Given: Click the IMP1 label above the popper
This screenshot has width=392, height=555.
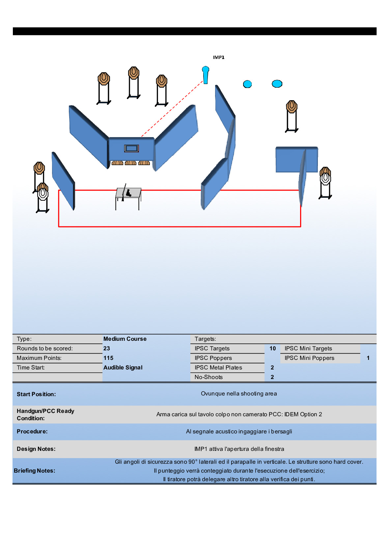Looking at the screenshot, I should click(x=218, y=57).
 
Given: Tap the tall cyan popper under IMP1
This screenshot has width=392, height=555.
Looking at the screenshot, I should click(x=206, y=75).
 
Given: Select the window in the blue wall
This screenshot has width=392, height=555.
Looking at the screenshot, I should click(x=131, y=148).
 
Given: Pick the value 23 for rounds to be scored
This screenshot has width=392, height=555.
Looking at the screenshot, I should click(x=107, y=348).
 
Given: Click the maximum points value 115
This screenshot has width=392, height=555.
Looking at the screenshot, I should click(x=108, y=358).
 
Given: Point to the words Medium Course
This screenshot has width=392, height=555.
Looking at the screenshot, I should click(x=125, y=339).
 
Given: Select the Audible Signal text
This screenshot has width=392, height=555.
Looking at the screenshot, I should click(x=123, y=367).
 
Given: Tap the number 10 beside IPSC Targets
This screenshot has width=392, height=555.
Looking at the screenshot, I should click(x=272, y=348).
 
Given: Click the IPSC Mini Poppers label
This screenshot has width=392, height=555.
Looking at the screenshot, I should click(x=309, y=358).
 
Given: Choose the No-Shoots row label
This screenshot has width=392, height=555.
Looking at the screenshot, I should click(x=209, y=377).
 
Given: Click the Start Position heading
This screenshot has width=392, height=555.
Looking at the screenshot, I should click(x=36, y=394).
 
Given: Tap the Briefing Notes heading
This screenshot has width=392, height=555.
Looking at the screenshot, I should click(x=35, y=471).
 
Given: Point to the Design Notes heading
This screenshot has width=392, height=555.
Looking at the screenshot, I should click(x=36, y=449).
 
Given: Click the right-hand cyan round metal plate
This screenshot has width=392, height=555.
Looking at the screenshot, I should click(x=277, y=84).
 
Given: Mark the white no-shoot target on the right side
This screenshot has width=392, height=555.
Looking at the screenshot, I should click(x=325, y=179).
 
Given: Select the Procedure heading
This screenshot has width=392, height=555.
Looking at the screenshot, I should click(x=32, y=431).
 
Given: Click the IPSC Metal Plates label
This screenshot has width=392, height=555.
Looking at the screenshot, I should click(x=218, y=367).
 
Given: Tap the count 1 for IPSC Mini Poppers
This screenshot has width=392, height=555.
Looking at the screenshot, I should click(x=368, y=358).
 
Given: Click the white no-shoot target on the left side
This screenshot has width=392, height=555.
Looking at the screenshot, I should click(x=43, y=194).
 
